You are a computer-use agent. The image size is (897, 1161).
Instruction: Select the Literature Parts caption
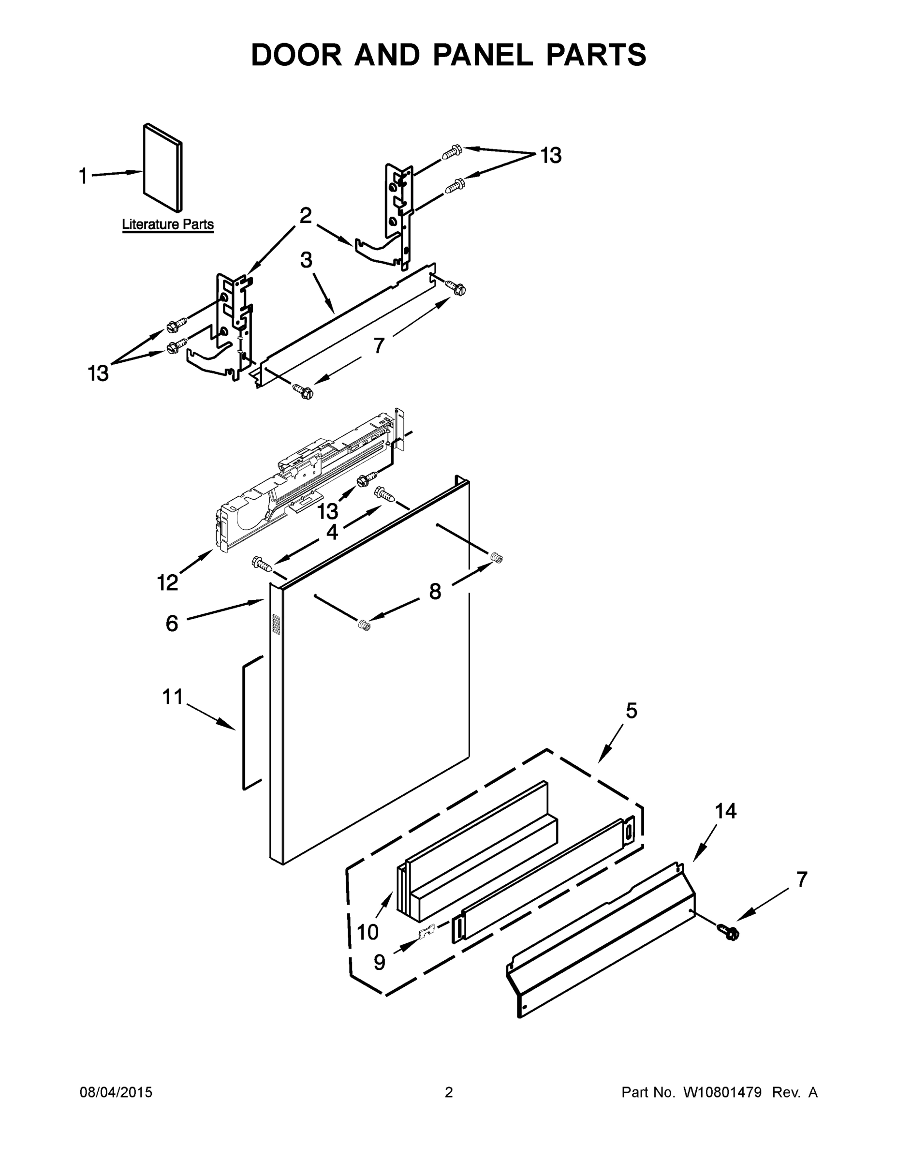[168, 224]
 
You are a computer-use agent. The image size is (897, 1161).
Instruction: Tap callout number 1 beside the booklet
[83, 176]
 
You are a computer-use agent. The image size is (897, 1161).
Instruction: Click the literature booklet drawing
[162, 167]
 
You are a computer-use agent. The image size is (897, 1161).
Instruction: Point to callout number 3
[306, 260]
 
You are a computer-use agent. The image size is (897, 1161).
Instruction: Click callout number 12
[168, 582]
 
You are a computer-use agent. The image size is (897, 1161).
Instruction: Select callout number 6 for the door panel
[172, 623]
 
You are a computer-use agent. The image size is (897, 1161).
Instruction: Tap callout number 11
[172, 697]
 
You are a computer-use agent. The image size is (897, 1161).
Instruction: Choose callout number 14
[725, 811]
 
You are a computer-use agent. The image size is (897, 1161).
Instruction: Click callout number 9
[379, 962]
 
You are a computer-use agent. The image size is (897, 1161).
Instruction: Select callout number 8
[435, 591]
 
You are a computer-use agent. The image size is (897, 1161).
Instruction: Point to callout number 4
[332, 532]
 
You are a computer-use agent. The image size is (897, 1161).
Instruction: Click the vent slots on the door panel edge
[276, 624]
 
